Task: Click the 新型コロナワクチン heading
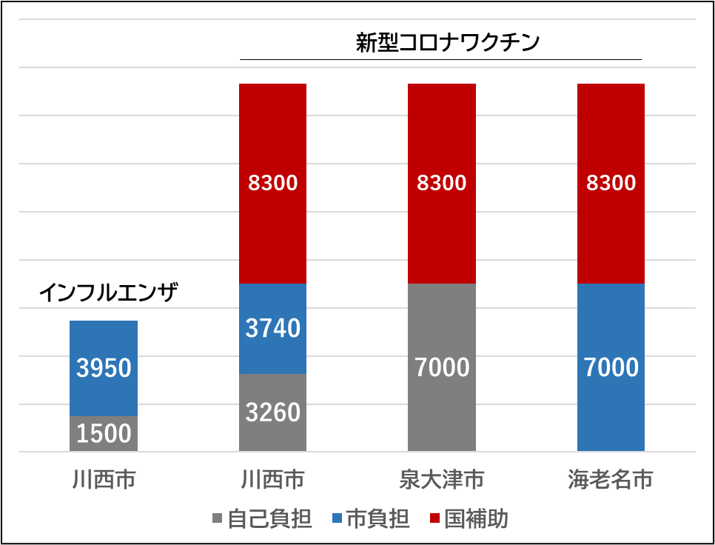point(448,42)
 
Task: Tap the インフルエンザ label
point(108,293)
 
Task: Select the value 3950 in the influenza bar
point(104,367)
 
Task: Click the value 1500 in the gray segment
point(104,433)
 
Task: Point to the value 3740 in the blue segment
point(272,327)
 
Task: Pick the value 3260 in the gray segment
point(272,412)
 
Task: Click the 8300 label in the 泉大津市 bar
point(442,182)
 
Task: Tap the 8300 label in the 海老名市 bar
point(611,182)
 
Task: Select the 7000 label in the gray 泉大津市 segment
point(442,367)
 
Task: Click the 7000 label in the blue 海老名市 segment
point(611,367)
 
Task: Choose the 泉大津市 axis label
point(442,480)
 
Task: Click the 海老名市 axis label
point(611,480)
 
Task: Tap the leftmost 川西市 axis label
point(104,480)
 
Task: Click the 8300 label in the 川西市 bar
point(272,182)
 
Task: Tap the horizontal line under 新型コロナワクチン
point(441,59)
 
